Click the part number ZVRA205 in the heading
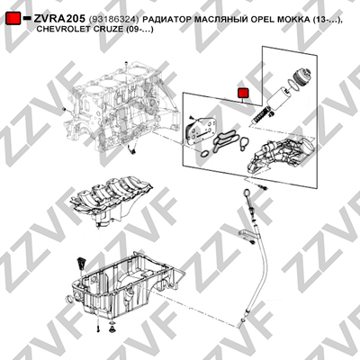[x=59, y=19]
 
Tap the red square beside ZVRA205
[x=13, y=18]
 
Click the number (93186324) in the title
[x=114, y=20]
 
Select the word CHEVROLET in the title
[x=59, y=29]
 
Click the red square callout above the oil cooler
[x=243, y=93]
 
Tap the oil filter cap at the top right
[x=301, y=76]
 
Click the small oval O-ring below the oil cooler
[x=205, y=155]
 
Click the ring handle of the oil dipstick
[x=247, y=192]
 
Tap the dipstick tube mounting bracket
[x=247, y=234]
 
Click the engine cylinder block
[x=121, y=107]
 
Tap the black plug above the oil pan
[x=81, y=263]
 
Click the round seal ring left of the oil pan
[x=70, y=300]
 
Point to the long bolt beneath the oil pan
[x=98, y=325]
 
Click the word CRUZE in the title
[x=100, y=29]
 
